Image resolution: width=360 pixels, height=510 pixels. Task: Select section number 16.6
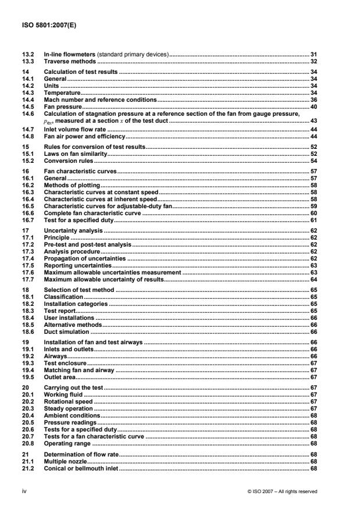27,213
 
